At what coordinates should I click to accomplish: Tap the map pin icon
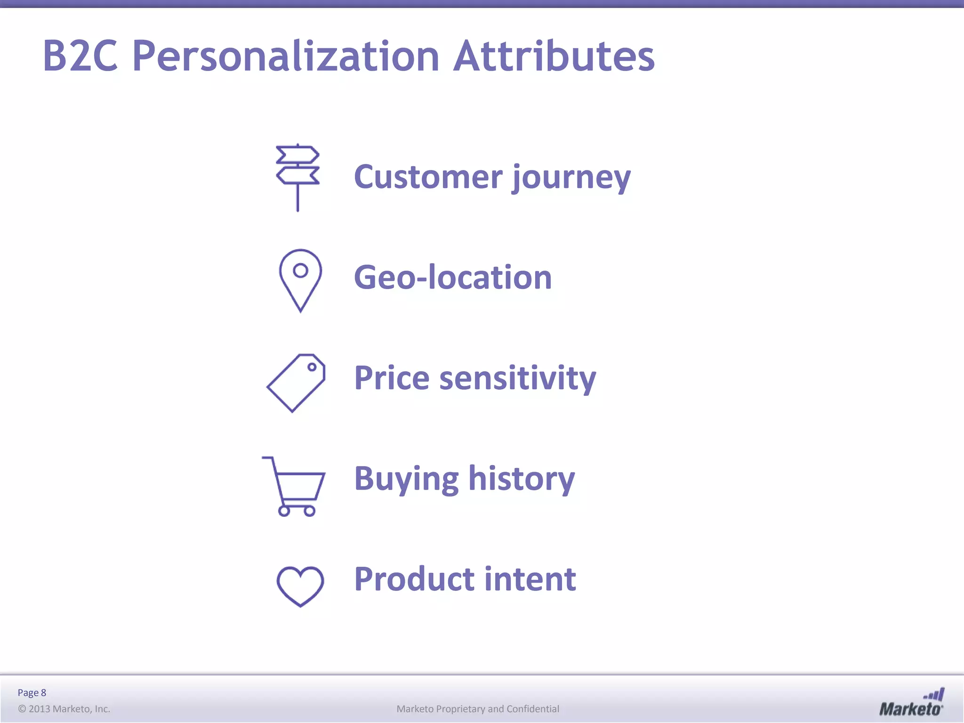pos(300,280)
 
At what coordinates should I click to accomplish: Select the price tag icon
pos(297,383)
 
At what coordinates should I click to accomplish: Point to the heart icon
pos(300,586)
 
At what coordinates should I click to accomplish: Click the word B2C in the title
pos(80,56)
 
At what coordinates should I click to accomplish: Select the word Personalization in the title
pos(286,56)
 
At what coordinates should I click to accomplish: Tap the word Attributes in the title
pos(554,56)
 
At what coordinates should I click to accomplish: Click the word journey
pos(571,177)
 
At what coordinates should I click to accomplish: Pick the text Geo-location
pos(452,277)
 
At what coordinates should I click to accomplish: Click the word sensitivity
pos(517,378)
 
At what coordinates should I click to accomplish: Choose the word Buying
pos(406,479)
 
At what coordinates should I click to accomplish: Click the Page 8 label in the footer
pos(32,692)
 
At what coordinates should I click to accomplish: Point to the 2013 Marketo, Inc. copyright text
pos(64,709)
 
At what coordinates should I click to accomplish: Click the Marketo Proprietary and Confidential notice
pos(478,709)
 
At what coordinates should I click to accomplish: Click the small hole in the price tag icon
pos(312,367)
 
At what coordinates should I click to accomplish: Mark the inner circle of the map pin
pos(300,270)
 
